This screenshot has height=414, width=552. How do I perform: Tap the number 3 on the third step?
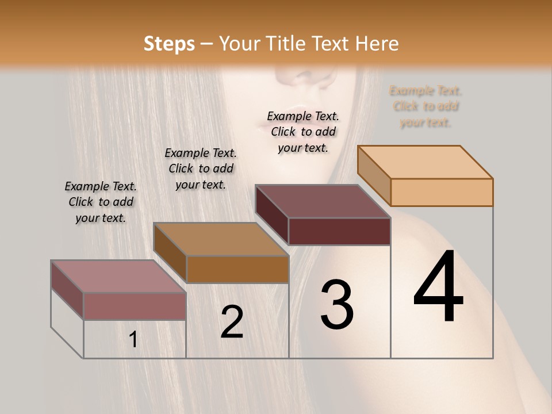pos(337,305)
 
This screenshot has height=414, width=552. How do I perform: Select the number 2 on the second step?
pos(232,322)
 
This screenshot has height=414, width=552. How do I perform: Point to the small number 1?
pos(133,340)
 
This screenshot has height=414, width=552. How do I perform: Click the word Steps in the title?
pos(169,44)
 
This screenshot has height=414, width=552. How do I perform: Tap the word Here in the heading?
pos(377,44)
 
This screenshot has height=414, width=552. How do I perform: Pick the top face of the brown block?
pos(221,239)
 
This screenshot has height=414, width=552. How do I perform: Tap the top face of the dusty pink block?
pos(118,277)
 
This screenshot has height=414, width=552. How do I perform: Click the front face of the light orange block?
pos(442,192)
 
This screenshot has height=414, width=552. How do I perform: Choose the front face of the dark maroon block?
pos(339,231)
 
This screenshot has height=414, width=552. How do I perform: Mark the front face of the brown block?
pos(237,269)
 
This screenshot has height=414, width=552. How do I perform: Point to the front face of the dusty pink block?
pos(135,306)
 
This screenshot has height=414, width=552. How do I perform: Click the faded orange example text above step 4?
pos(425,106)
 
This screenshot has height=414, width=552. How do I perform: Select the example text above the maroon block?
pos(303,132)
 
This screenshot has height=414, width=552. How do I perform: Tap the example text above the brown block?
pos(201,168)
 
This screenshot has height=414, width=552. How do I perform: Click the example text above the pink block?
pos(101,202)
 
